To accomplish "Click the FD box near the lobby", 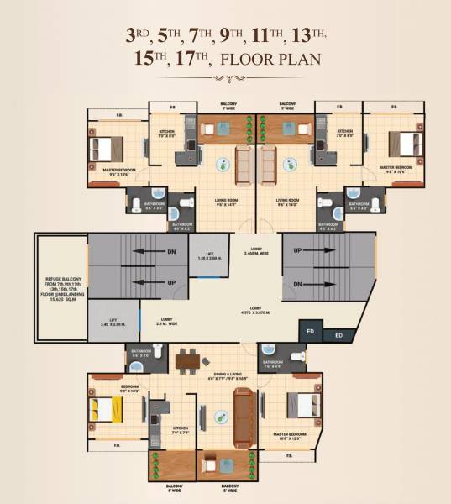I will [310, 332].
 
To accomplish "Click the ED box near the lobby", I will [338, 336].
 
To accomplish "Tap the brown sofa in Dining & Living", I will [244, 415].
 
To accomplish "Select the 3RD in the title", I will [139, 35].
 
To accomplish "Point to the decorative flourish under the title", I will [225, 79].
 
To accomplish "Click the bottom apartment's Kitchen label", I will [179, 430].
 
